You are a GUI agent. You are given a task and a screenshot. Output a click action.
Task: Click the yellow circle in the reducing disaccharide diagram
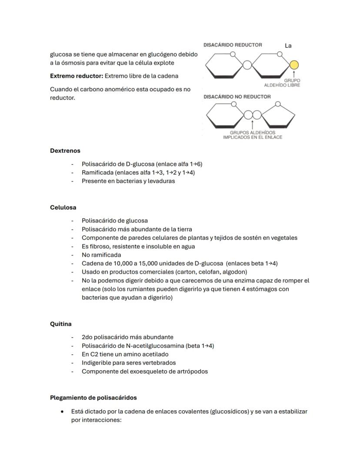(294, 65)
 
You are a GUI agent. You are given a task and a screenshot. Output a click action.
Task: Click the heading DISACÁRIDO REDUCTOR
(233, 45)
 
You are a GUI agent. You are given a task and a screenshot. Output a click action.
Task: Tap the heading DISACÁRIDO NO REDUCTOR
(237, 97)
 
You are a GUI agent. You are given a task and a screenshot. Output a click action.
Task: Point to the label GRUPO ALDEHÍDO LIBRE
(282, 83)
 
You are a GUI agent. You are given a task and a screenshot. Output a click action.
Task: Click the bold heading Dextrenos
(65, 151)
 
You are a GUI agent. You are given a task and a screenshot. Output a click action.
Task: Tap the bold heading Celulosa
(63, 207)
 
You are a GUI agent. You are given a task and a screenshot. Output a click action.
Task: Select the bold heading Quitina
(61, 324)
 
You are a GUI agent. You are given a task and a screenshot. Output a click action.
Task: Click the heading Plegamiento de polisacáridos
(93, 397)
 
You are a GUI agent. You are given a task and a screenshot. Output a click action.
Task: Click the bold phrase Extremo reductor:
(77, 76)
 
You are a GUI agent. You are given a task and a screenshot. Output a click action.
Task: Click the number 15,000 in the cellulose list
(133, 263)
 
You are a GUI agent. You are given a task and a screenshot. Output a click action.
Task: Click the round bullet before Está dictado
(63, 411)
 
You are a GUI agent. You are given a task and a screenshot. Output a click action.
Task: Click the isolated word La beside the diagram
(288, 46)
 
